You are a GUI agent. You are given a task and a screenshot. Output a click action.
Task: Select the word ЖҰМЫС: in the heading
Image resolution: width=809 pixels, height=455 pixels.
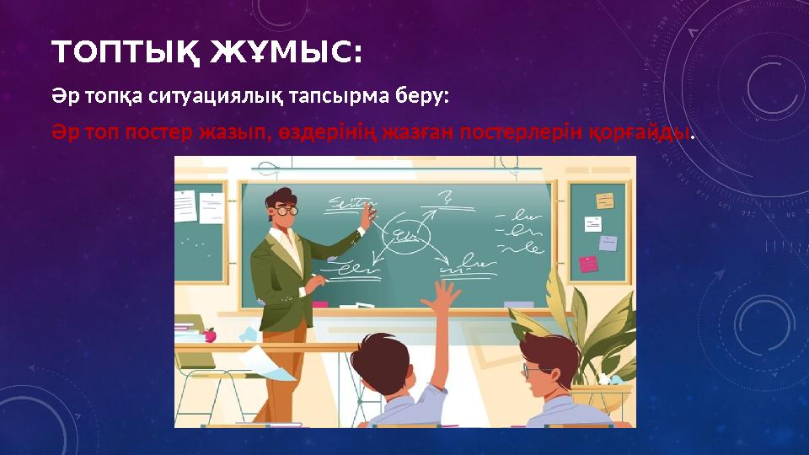click(287, 54)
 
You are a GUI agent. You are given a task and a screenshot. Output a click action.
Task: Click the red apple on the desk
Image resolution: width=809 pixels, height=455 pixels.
click(210, 335)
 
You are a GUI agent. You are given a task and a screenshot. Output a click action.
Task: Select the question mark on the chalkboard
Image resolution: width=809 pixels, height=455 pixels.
click(444, 199)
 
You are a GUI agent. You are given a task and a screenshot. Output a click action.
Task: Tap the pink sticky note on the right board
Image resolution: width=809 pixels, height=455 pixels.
click(588, 264)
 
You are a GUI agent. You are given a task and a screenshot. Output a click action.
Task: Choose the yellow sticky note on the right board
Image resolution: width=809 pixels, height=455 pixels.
click(604, 201)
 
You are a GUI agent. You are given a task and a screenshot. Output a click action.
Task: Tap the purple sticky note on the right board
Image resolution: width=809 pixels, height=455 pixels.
click(608, 243)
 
